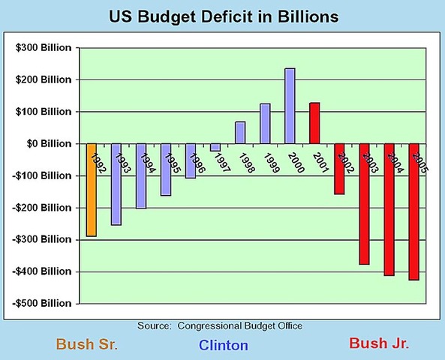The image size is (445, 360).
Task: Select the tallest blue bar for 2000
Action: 290,106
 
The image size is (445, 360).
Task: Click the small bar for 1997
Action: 215,147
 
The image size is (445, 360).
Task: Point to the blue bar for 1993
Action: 116,184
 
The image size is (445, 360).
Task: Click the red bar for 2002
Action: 339,169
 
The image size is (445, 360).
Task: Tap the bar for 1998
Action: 240,133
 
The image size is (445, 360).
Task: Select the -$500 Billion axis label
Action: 43,303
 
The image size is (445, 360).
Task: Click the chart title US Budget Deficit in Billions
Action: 223,16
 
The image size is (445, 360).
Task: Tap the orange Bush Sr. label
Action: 87,344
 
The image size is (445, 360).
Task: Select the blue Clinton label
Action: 223,345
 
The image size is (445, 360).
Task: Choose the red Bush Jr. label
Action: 379,343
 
